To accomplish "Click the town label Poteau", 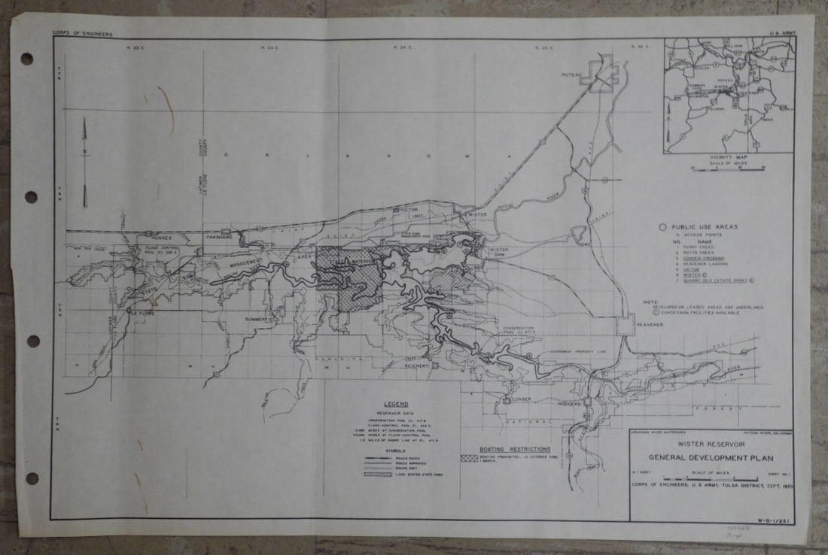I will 573,74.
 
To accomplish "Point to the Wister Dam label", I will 499,253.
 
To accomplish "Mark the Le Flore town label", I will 144,312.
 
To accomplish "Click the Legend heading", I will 395,405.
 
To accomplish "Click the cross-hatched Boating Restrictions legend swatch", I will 470,457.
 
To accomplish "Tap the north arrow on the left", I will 84,162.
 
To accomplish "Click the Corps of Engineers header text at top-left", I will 82,34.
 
